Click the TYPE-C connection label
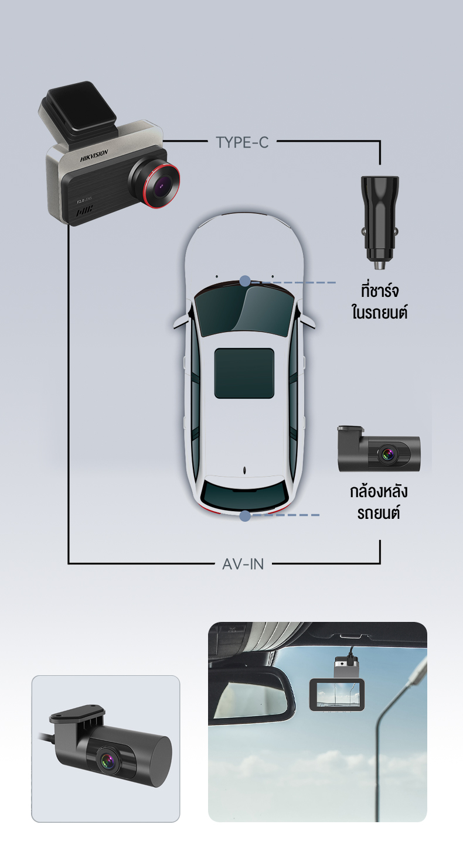click(x=242, y=142)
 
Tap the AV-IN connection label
click(x=243, y=564)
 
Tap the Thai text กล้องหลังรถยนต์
click(x=378, y=502)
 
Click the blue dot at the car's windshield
click(x=245, y=282)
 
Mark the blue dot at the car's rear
click(x=245, y=516)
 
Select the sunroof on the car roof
click(x=244, y=373)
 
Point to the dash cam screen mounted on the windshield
click(x=337, y=695)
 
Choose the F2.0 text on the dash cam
click(x=82, y=201)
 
